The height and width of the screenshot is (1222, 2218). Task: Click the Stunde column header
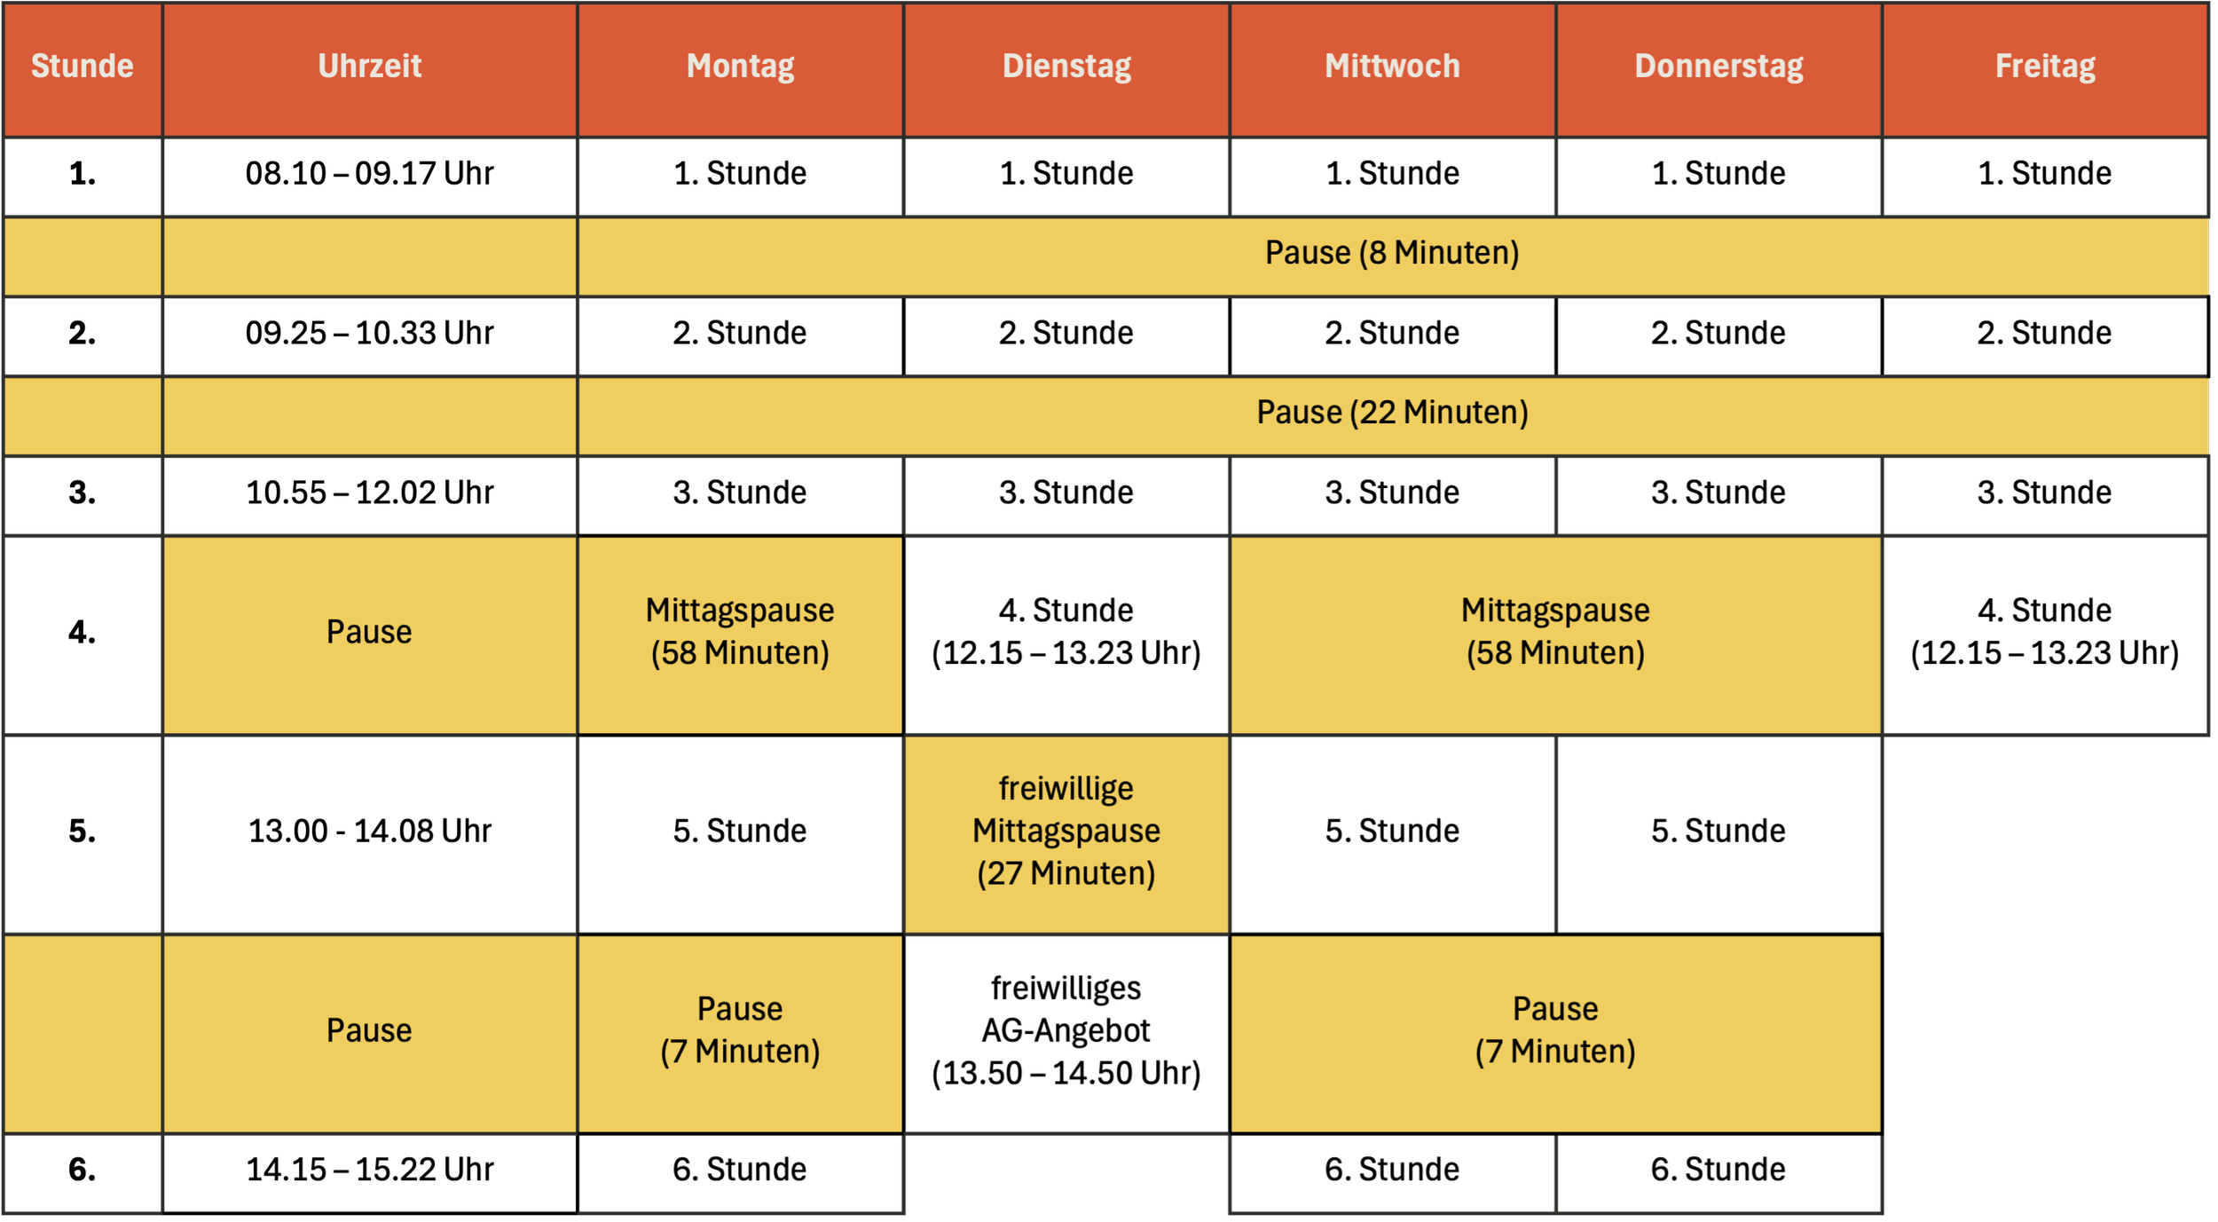click(83, 67)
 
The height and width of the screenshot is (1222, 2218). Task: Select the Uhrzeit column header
click(370, 67)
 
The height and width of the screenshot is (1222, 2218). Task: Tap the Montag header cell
click(740, 67)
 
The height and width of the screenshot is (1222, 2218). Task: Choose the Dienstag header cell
click(1066, 67)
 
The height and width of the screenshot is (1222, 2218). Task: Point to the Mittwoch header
click(1392, 67)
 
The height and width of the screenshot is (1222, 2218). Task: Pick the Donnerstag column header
click(1719, 67)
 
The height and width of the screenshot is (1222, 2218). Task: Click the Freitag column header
click(2045, 67)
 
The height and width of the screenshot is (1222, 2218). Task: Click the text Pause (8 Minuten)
click(1392, 253)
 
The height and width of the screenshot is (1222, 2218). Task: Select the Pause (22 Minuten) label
click(1392, 413)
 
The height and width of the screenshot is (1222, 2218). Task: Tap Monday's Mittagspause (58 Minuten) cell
click(740, 632)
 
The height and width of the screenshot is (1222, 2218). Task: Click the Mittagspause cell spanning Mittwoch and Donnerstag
click(1555, 632)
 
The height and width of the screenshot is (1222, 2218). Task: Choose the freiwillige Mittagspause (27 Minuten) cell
click(1066, 832)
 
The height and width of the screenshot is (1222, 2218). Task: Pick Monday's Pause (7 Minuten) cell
click(740, 1030)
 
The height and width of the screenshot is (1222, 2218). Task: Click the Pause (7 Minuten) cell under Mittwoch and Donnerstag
click(1555, 1030)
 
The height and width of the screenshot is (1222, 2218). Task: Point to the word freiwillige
click(1066, 789)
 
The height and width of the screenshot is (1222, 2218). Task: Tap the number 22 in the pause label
click(1377, 413)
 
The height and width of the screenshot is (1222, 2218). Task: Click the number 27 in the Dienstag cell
click(1004, 874)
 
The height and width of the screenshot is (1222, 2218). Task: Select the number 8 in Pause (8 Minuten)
click(1377, 253)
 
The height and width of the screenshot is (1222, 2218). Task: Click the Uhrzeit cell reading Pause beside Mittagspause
click(369, 632)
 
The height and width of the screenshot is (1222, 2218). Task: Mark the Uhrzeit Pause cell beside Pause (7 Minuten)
click(369, 1030)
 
